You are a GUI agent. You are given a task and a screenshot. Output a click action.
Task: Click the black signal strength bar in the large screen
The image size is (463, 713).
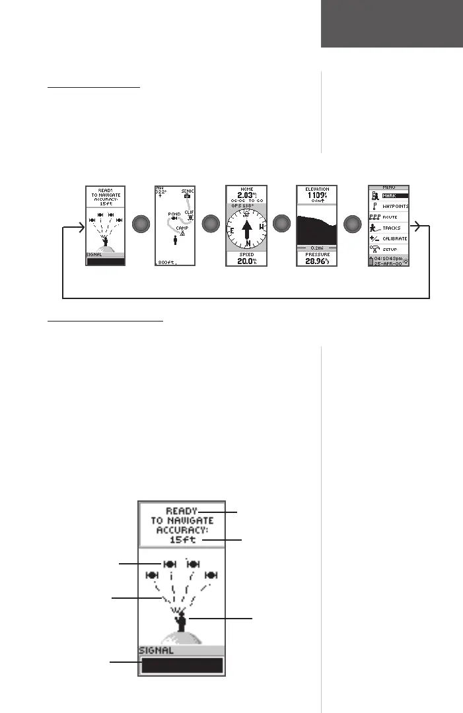click(x=182, y=665)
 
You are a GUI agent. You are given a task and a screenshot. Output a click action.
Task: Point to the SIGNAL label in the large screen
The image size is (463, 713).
click(x=156, y=650)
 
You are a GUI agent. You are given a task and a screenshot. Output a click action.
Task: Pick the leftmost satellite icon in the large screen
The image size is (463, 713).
click(x=151, y=575)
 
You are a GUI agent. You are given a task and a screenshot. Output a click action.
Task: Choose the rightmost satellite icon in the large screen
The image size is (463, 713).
click(x=211, y=575)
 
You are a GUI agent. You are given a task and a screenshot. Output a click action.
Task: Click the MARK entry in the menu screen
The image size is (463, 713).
click(x=394, y=196)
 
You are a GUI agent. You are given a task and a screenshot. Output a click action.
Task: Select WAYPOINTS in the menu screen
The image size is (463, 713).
click(x=395, y=207)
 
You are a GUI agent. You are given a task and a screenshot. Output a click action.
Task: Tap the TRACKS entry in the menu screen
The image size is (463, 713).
click(x=392, y=228)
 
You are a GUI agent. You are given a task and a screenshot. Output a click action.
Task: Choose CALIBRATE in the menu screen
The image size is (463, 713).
click(x=395, y=238)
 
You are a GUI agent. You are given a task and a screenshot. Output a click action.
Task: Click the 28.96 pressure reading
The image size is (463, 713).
click(x=317, y=261)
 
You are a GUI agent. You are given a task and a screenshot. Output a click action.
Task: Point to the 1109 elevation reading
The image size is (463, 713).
click(x=317, y=195)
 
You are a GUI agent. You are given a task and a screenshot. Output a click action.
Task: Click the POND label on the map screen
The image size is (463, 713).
click(x=174, y=215)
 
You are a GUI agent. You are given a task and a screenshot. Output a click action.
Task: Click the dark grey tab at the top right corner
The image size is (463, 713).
click(x=392, y=23)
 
